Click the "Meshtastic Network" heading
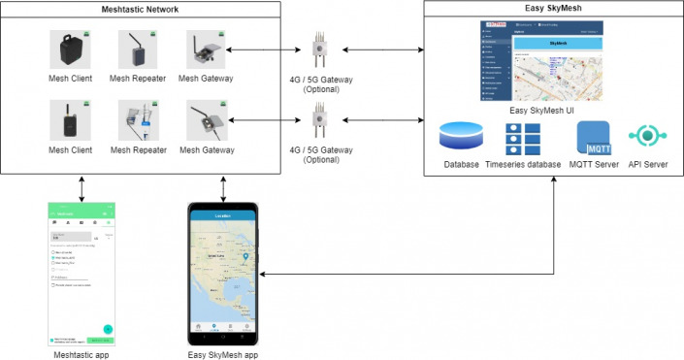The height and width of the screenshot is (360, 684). coord(143,9)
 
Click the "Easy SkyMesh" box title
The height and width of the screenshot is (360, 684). coord(552,9)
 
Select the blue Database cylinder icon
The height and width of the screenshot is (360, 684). coord(461,137)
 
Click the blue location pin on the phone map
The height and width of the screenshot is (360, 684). coord(246,256)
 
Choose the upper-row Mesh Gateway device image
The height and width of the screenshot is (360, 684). coord(207,49)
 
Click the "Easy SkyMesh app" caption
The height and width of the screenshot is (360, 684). coord(224,354)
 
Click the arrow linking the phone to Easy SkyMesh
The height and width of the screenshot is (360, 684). coord(407,275)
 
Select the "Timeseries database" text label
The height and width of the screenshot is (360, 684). coord(523,165)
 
